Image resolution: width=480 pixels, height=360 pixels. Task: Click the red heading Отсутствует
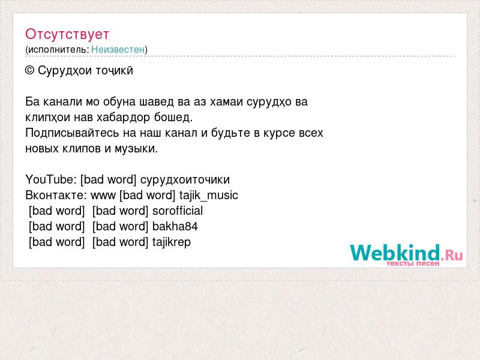pos(67,34)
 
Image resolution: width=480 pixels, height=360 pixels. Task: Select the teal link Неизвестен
pos(118,49)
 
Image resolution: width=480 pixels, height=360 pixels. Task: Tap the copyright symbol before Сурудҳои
pos(29,71)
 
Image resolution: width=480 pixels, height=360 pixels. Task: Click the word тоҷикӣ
pos(115,71)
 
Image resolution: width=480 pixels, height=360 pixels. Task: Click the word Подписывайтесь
pos(72,133)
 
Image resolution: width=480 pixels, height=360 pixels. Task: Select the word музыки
pos(136,149)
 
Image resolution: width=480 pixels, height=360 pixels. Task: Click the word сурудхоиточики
pos(185,179)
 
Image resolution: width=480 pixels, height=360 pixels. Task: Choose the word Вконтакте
pos(56,196)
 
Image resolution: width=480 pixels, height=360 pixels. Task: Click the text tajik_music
pos(209,196)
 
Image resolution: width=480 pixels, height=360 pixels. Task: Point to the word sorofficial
pos(178,211)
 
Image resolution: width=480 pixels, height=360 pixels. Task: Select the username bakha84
pos(175,226)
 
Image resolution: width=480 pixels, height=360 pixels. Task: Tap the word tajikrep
pos(172,242)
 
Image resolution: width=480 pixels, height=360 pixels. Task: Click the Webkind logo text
pos(395,253)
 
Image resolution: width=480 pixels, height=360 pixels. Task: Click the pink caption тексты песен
pos(413,263)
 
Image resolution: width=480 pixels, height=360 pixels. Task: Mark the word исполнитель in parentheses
pos(58,50)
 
